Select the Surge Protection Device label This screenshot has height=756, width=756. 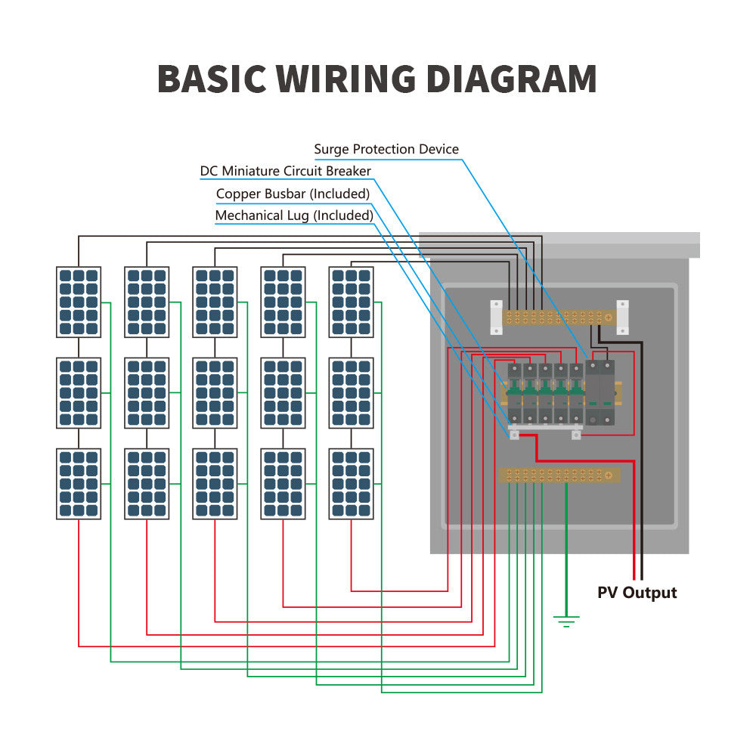click(386, 149)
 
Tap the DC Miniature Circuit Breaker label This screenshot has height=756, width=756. click(286, 171)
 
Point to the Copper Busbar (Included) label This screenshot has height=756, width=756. click(293, 194)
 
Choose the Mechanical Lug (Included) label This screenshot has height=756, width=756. click(294, 215)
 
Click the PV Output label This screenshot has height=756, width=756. click(637, 592)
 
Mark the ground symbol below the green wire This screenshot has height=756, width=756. click(566, 622)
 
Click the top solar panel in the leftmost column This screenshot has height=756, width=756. click(79, 302)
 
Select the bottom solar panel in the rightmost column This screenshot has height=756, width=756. click(352, 484)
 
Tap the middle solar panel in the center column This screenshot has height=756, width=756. click(215, 392)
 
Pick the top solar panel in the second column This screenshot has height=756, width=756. click(147, 302)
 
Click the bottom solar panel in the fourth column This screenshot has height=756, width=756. click(283, 484)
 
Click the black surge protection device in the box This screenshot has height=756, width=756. click(601, 393)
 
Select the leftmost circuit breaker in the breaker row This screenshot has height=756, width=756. click(515, 393)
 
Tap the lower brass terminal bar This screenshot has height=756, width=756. click(559, 475)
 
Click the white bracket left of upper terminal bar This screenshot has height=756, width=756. click(497, 317)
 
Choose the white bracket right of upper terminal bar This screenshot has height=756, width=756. click(623, 317)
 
